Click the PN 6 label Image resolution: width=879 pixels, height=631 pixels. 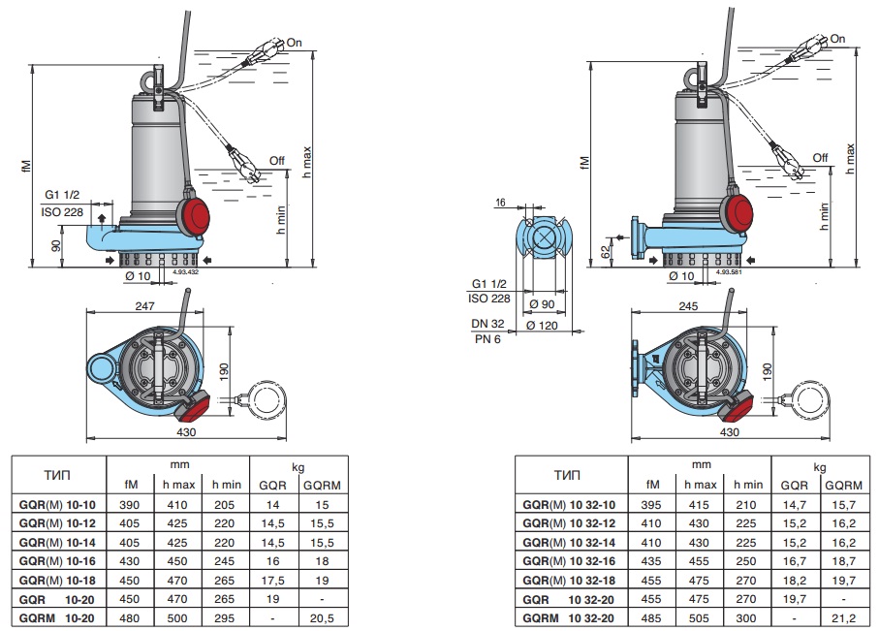pyautogui.click(x=487, y=338)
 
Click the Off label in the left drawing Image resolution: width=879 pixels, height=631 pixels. pyautogui.click(x=277, y=160)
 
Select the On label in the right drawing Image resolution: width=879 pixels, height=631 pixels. pyautogui.click(x=837, y=39)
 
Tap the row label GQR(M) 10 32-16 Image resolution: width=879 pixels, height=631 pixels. pyautogui.click(x=569, y=561)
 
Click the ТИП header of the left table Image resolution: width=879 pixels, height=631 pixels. pyautogui.click(x=57, y=475)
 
